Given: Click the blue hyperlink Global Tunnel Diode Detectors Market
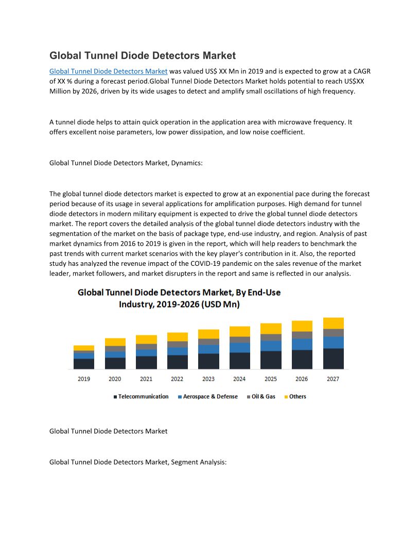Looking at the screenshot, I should (108, 71).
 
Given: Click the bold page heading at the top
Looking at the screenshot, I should (142, 56).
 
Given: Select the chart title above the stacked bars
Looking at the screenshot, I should (179, 298).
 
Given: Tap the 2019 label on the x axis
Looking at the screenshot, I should (84, 379).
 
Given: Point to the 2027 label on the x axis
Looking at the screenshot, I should (333, 379).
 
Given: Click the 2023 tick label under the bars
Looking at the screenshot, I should (208, 379).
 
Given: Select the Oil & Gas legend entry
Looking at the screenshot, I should (263, 397).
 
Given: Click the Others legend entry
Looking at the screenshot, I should (297, 397).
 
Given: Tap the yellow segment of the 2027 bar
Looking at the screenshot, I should (333, 323).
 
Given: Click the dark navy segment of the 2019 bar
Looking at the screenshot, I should (84, 364).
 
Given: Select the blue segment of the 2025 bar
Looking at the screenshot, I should (271, 346).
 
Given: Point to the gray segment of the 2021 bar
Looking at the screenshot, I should (146, 347).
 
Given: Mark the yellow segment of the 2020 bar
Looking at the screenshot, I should (115, 342).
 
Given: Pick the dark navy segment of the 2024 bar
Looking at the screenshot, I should (239, 361).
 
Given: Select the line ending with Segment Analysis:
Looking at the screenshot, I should (137, 462).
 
